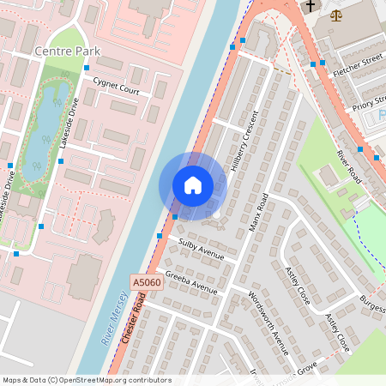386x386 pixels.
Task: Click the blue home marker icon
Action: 193,185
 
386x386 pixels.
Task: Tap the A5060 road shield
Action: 146,281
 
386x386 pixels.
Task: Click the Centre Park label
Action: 62,52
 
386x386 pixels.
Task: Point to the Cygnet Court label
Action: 117,88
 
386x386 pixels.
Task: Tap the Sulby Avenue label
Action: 201,250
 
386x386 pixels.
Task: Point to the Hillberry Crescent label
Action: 244,143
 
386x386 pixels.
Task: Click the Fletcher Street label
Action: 359,61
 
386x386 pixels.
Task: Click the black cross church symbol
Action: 311,6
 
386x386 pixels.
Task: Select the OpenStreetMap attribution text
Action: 87,379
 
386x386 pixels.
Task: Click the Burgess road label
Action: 372,302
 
